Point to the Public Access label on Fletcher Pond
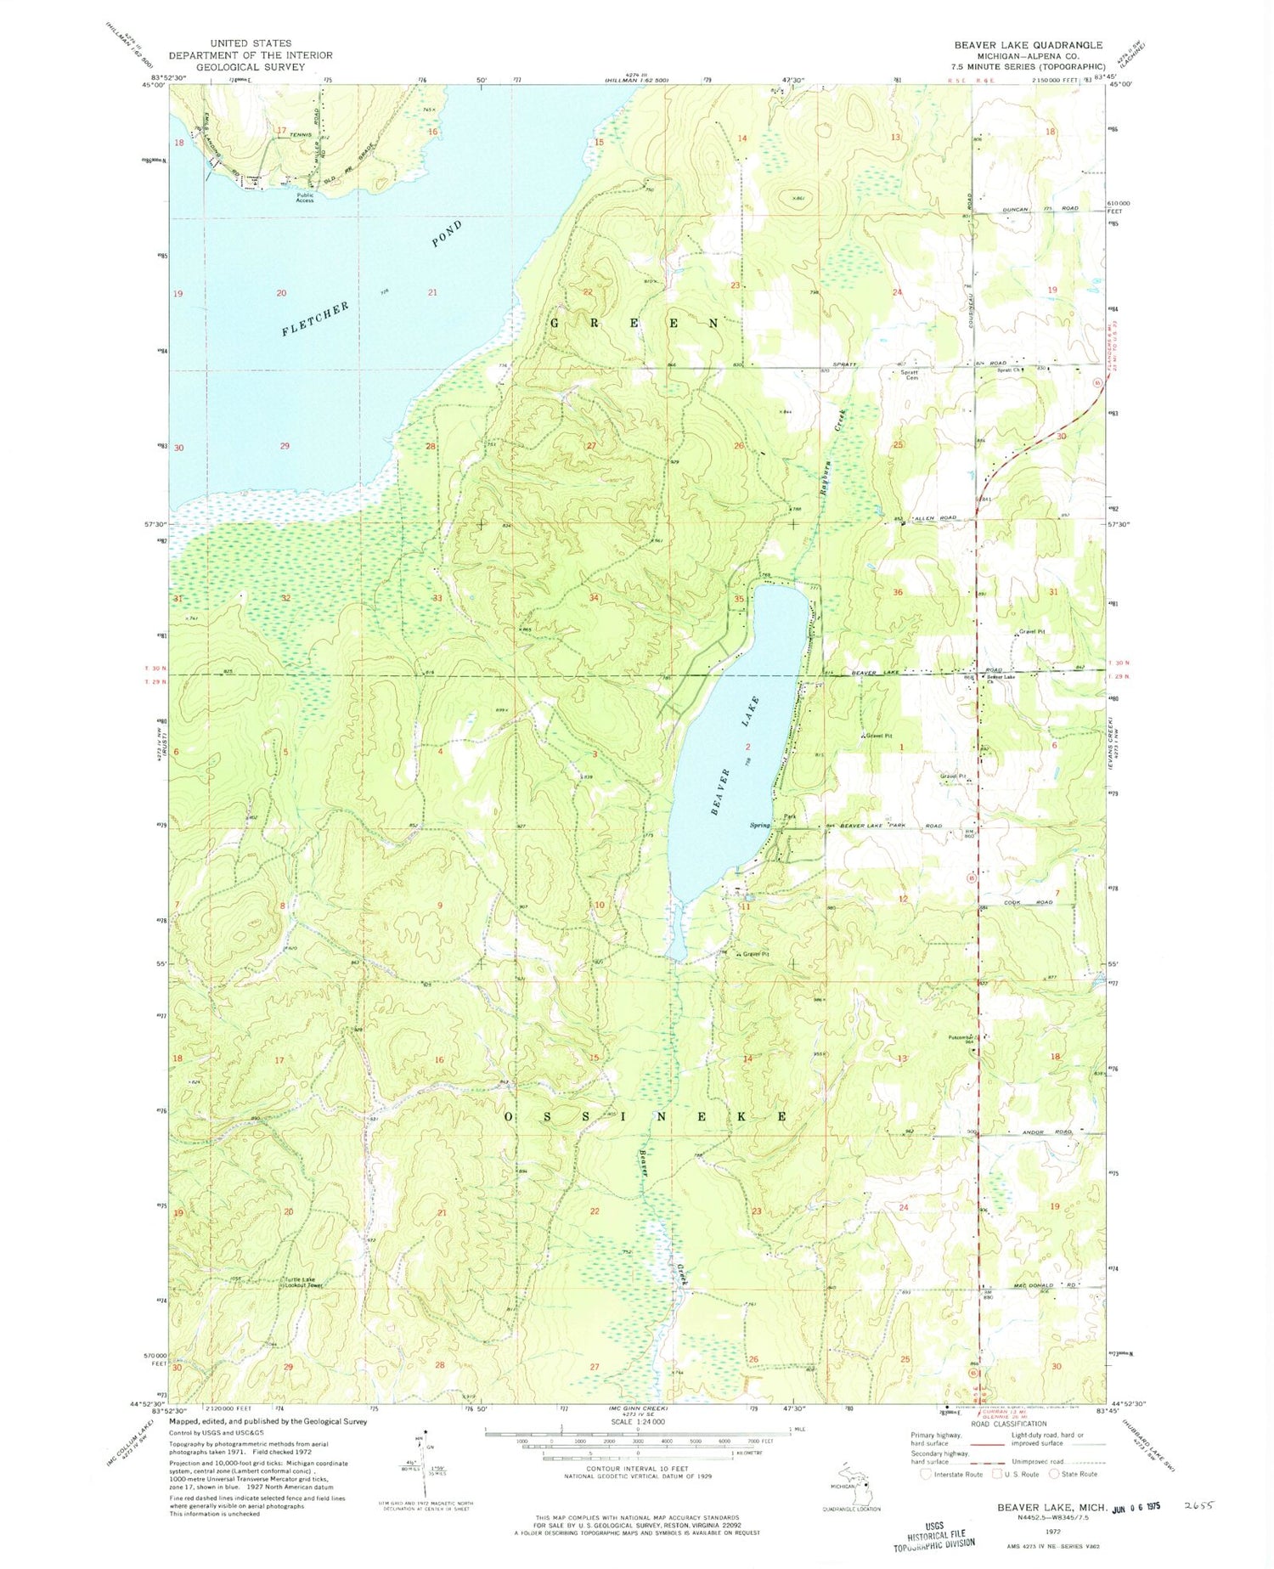tap(304, 197)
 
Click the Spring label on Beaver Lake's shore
tap(759, 825)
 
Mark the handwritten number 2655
tap(1200, 1504)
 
